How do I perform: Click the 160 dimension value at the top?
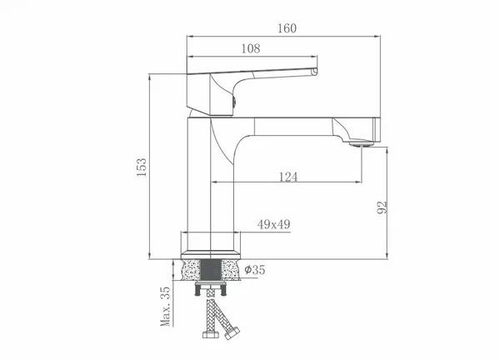point(287,28)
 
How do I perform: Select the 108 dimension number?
point(251,48)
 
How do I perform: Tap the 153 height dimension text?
point(142,167)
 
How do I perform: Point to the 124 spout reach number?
point(288,177)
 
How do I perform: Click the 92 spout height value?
point(382,207)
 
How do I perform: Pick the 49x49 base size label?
point(273,224)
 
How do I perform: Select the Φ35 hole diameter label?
point(255,270)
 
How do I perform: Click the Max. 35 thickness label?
point(166,306)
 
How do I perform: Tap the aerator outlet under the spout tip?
point(361,144)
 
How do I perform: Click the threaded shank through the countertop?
point(211,270)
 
